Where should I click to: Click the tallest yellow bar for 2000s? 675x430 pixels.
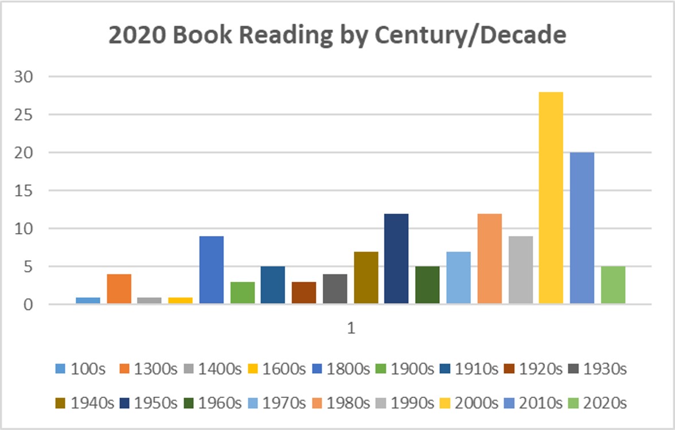[x=551, y=198]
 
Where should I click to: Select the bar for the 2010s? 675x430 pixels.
[x=582, y=228]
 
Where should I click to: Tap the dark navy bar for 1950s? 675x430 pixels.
[x=396, y=259]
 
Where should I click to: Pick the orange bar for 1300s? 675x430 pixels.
[x=119, y=289]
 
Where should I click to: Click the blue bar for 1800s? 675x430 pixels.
[x=212, y=270]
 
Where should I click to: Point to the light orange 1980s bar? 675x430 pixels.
[x=489, y=259]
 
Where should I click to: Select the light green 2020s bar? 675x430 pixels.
[x=613, y=285]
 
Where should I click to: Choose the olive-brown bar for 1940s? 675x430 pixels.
[x=365, y=278]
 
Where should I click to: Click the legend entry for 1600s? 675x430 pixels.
[x=277, y=369]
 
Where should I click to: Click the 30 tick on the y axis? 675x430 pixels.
[x=29, y=76]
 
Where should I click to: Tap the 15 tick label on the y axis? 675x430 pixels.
[x=29, y=191]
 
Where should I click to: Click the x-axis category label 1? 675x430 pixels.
[x=350, y=328]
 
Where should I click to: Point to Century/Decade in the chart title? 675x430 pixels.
[x=470, y=36]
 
